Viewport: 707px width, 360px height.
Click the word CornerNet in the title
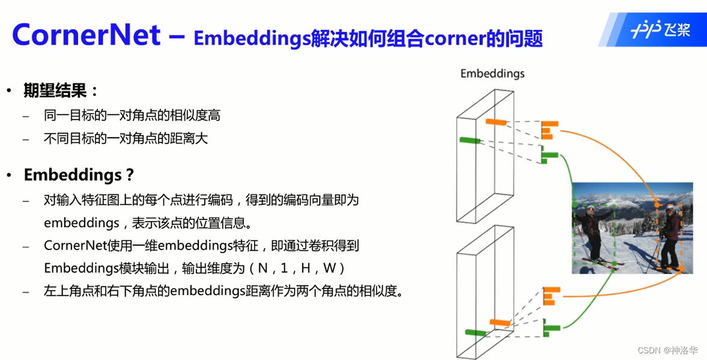(x=86, y=34)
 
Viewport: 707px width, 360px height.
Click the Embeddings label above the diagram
(x=492, y=73)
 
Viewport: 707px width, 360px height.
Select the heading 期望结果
(x=60, y=91)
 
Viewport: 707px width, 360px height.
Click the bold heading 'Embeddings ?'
(x=79, y=175)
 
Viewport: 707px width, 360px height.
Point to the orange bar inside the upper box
(x=496, y=123)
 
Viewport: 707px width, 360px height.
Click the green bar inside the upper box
(x=470, y=141)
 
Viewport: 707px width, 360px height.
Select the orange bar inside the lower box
(x=499, y=323)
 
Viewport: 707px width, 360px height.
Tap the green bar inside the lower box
(x=475, y=332)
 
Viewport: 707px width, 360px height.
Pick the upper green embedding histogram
(x=549, y=156)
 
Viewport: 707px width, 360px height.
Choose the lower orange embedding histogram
(x=550, y=296)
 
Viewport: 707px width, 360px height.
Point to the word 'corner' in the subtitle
(x=449, y=39)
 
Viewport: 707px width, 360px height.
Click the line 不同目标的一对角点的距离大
(x=126, y=138)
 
